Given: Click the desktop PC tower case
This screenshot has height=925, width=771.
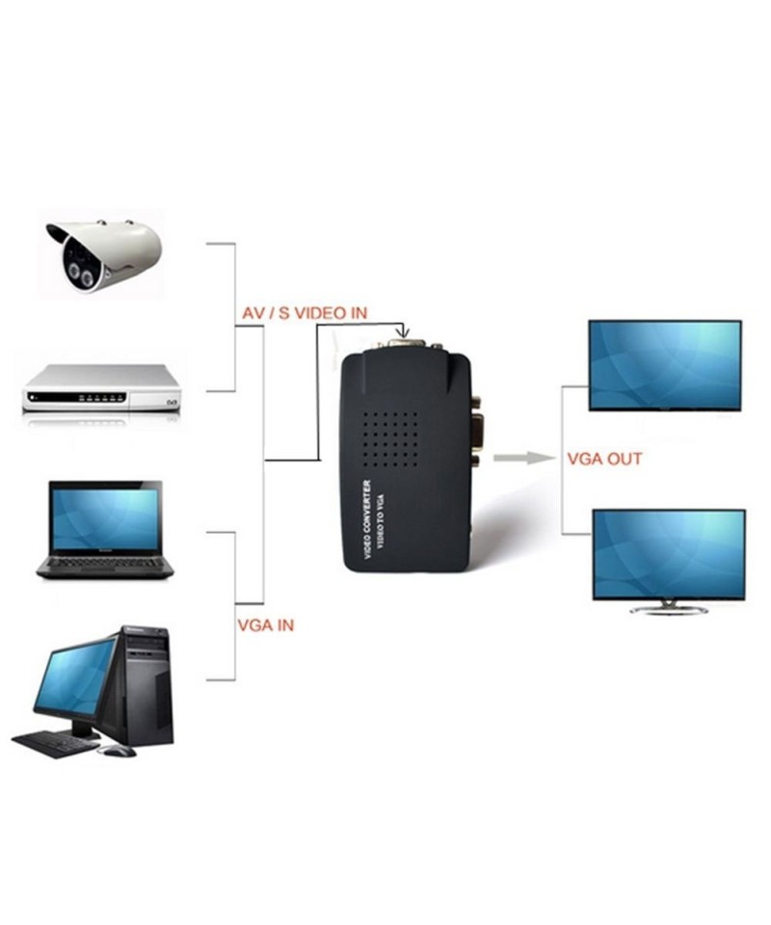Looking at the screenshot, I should [x=147, y=683].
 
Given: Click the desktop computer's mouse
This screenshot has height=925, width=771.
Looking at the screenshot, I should [x=120, y=751].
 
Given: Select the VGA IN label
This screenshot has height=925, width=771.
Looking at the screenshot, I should [x=265, y=624].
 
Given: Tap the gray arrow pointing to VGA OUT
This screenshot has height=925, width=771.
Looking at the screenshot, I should [x=519, y=457].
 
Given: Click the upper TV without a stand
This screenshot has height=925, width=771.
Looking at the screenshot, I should [x=665, y=365].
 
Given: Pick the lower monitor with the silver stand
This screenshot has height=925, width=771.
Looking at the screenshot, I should [x=668, y=555].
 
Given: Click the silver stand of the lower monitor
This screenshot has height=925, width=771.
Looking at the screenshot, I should [x=668, y=608].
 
